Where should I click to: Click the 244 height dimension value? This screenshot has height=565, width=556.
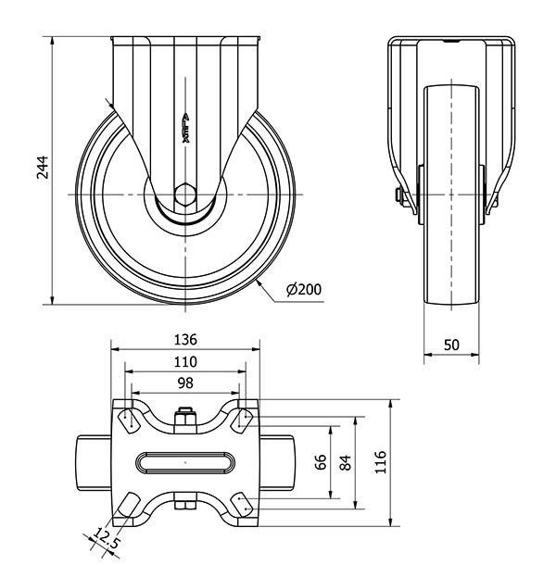tap(43, 168)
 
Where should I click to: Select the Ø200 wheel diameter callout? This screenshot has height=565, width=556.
tap(304, 289)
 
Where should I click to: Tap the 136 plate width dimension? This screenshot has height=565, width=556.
tap(185, 340)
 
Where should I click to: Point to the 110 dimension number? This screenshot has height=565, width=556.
tap(185, 362)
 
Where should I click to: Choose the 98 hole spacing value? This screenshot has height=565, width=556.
tap(185, 383)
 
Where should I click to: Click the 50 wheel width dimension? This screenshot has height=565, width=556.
tap(451, 345)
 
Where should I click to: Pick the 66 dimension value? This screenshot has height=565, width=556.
tap(321, 462)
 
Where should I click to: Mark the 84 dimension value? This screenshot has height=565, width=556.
tap(345, 463)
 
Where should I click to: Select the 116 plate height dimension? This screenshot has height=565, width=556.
tap(381, 462)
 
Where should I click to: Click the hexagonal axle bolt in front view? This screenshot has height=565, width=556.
tap(185, 195)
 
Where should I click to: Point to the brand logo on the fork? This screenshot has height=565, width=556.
tap(186, 128)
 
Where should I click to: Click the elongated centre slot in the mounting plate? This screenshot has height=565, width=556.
tap(185, 462)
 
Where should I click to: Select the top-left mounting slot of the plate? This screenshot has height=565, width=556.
tap(130, 421)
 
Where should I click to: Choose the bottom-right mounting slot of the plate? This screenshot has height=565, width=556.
tap(242, 504)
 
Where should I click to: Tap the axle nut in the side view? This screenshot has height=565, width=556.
tap(399, 195)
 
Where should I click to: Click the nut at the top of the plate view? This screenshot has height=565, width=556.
tap(185, 419)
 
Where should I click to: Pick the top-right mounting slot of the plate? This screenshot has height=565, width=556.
tap(242, 421)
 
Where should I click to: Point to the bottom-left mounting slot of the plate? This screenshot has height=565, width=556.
tap(129, 505)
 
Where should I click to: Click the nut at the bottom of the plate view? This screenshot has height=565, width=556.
tap(185, 501)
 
